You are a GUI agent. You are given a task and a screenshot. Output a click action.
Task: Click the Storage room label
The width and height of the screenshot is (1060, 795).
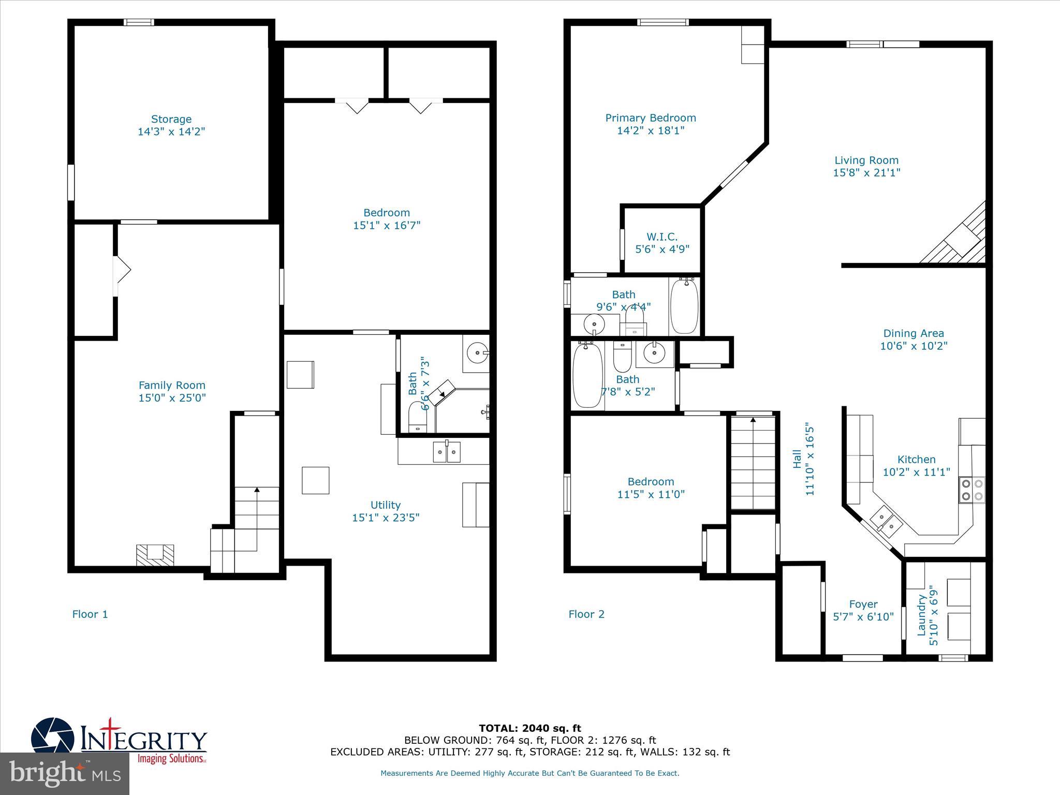171,119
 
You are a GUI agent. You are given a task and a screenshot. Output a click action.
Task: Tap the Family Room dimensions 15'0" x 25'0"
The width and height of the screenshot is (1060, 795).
172,398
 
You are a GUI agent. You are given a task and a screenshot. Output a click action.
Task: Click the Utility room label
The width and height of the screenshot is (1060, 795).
385,505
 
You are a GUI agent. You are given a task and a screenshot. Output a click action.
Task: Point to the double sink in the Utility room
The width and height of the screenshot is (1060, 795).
446,452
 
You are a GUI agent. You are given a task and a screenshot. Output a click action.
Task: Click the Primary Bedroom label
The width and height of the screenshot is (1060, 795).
651,118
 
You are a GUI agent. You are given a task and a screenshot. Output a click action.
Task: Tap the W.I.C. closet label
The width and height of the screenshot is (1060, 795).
661,237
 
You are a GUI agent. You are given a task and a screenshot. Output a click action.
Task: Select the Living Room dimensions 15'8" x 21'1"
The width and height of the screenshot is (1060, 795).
866,173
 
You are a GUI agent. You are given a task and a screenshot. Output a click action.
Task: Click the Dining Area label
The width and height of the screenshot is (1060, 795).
913,333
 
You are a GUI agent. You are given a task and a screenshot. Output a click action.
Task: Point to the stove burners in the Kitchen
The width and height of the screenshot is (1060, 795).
971,490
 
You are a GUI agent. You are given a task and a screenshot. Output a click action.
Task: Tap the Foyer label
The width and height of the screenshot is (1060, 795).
863,604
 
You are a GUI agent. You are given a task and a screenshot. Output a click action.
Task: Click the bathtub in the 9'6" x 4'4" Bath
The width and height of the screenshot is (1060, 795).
684,306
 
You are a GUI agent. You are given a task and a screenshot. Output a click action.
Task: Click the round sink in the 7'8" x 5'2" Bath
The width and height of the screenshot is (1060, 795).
655,354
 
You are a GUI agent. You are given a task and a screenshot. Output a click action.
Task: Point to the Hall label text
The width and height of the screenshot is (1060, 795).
797,459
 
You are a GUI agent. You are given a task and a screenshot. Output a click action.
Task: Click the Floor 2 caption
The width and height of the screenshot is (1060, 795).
586,614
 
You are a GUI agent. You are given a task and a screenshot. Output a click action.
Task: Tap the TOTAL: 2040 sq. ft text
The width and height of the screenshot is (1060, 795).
529,729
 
